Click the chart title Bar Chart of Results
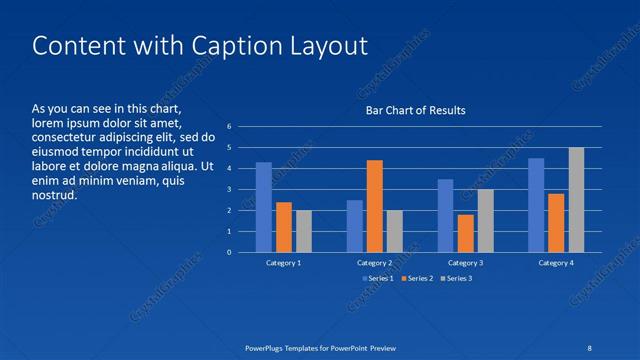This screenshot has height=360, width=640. pos(415,110)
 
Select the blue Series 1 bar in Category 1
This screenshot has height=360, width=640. pos(264,207)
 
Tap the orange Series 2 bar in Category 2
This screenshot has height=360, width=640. pos(375,206)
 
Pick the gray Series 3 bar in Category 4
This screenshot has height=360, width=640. pos(576,200)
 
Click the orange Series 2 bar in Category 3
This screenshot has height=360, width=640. pos(465,233)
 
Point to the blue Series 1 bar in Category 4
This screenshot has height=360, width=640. pos(536,205)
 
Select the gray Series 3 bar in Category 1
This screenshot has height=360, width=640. pos(304,231)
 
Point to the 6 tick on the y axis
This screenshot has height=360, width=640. pos(230,127)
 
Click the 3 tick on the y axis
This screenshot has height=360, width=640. pos(230,189)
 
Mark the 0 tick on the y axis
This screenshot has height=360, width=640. pos(230,252)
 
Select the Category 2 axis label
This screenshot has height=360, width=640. pos(375,262)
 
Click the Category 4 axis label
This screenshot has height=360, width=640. pos(556,262)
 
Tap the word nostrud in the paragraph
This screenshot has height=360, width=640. pos(54,195)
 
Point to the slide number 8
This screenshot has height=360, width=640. pos(590,348)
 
